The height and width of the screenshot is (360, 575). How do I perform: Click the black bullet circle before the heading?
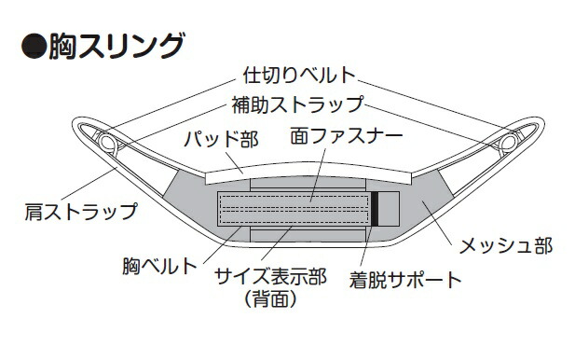33,44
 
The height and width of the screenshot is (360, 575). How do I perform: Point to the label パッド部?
219,140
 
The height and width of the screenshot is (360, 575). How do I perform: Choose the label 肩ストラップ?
80,211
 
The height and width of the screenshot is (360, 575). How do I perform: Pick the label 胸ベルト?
159,266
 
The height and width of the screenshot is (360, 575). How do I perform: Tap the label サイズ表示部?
270,277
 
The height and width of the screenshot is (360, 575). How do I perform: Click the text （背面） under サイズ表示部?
269,299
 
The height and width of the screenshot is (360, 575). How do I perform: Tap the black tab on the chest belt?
375,209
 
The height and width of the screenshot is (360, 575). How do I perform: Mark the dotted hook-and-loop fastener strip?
294,209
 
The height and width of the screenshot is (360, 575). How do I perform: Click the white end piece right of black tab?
390,209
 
